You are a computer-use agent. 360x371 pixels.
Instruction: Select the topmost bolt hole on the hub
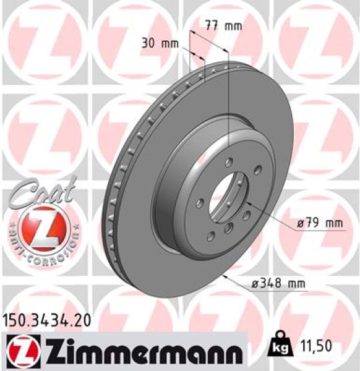[x=228, y=163]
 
